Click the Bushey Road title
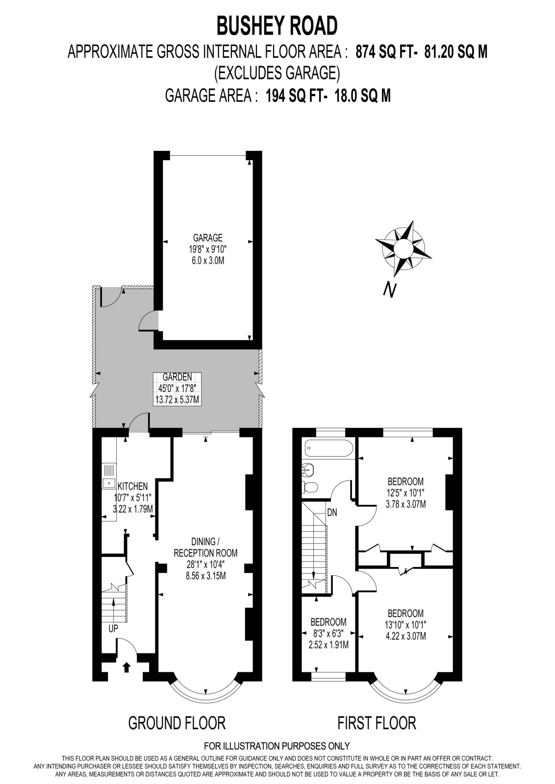(277, 26)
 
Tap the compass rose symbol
(403, 247)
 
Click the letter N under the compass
(389, 291)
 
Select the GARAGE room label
(208, 238)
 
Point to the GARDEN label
(177, 377)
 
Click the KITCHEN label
(132, 487)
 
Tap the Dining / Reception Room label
(206, 547)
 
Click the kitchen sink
(108, 483)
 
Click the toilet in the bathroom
(310, 487)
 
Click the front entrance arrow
(126, 667)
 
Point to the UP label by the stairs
(113, 629)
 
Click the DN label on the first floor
(332, 513)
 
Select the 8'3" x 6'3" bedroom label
(328, 622)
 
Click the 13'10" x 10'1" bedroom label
(405, 613)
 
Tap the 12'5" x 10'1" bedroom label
(405, 481)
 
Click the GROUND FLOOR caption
(177, 723)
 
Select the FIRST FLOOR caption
(377, 723)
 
